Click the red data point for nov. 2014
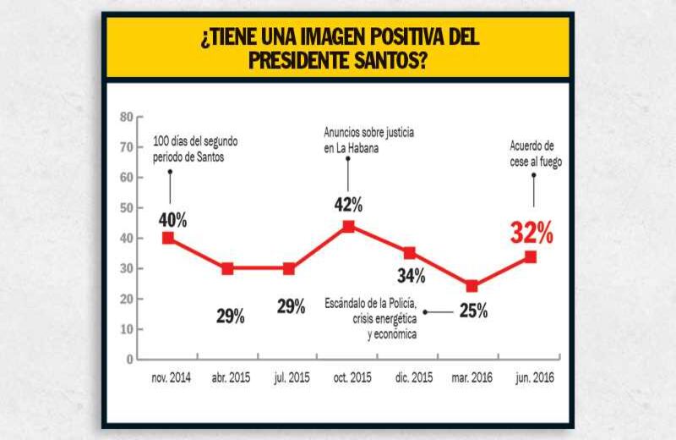(x=169, y=238)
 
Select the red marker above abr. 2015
(x=228, y=269)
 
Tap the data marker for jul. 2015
(x=289, y=269)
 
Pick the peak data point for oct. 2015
(x=348, y=226)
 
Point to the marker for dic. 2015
(x=409, y=253)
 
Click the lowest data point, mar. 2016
(x=472, y=286)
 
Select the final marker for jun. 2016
(x=531, y=256)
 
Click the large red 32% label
(x=532, y=232)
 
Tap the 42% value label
(x=348, y=204)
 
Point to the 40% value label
(x=172, y=220)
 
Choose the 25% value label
(x=473, y=311)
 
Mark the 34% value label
(x=412, y=275)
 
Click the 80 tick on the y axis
(x=126, y=116)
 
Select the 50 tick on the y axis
(x=126, y=207)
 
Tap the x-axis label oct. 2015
(x=348, y=377)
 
